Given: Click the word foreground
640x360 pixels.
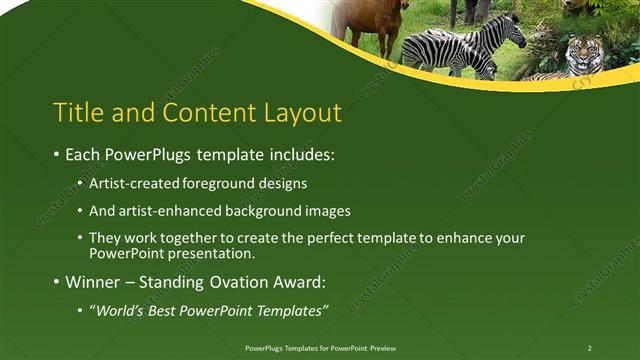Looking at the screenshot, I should [x=228, y=184].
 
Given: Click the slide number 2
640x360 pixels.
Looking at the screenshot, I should [x=589, y=348].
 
